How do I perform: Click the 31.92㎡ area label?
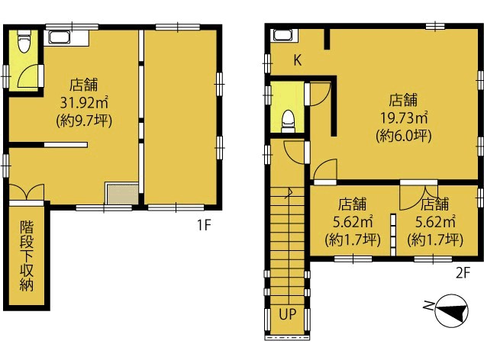point(84,103)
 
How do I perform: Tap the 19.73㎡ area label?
point(403,117)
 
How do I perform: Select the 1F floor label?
point(204,225)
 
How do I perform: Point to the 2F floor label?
point(463,272)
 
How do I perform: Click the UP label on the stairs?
point(288,314)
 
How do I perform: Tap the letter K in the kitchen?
point(297,60)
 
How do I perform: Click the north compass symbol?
point(447,310)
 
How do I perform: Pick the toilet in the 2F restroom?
point(288,121)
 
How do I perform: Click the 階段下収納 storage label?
point(27,256)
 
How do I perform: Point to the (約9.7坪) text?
point(84,121)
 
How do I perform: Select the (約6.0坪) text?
point(403,135)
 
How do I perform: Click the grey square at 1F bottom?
point(122,194)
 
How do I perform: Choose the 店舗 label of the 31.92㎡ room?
point(84,85)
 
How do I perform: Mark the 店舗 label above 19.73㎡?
point(403,100)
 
